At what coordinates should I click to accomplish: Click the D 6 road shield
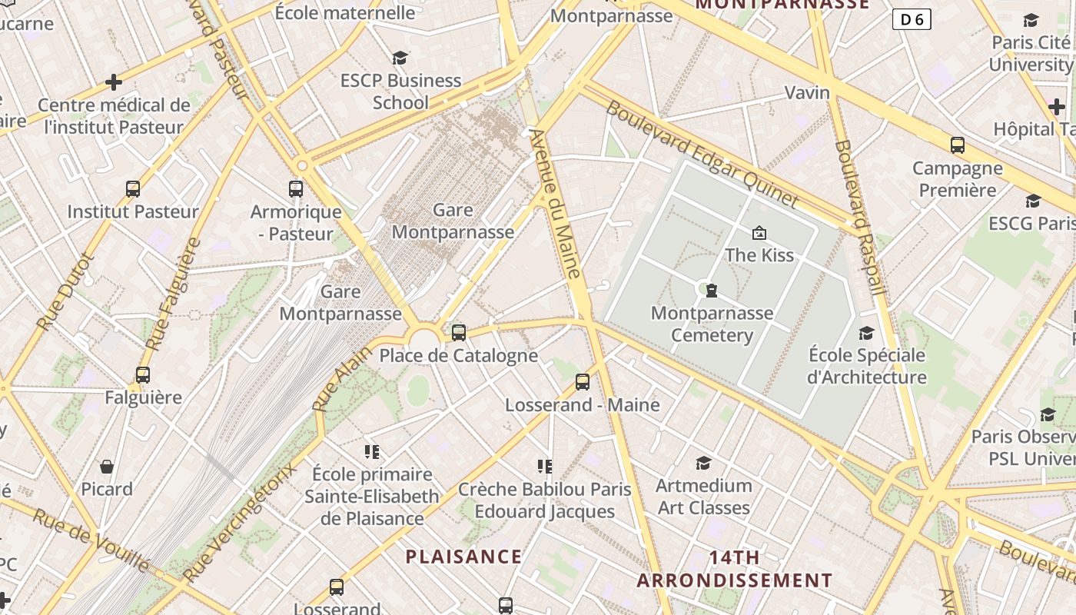pyautogui.click(x=912, y=19)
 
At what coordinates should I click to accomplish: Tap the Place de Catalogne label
pyautogui.click(x=458, y=355)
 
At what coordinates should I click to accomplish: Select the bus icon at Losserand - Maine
pyautogui.click(x=583, y=381)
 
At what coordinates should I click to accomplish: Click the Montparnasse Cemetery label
pyautogui.click(x=712, y=324)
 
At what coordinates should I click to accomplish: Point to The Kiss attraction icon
pyautogui.click(x=759, y=232)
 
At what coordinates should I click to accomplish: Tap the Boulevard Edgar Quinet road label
pyautogui.click(x=702, y=154)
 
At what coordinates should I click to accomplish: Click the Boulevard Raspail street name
pyautogui.click(x=861, y=217)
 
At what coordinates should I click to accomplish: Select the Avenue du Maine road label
pyautogui.click(x=555, y=204)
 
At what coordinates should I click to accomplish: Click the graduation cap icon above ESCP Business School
pyautogui.click(x=400, y=58)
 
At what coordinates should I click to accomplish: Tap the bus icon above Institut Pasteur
pyautogui.click(x=133, y=188)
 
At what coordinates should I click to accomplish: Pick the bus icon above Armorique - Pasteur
pyautogui.click(x=296, y=188)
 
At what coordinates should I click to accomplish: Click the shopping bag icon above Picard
pyautogui.click(x=107, y=466)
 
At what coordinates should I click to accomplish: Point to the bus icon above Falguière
pyautogui.click(x=143, y=375)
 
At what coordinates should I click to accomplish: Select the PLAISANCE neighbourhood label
pyautogui.click(x=463, y=557)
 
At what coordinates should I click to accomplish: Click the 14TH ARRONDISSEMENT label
pyautogui.click(x=734, y=568)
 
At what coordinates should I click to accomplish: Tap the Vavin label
pyautogui.click(x=807, y=93)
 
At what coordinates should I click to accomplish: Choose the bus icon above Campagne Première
pyautogui.click(x=958, y=145)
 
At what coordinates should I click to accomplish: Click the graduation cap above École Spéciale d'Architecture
pyautogui.click(x=867, y=333)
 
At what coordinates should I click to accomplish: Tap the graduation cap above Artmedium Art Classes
pyautogui.click(x=703, y=463)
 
